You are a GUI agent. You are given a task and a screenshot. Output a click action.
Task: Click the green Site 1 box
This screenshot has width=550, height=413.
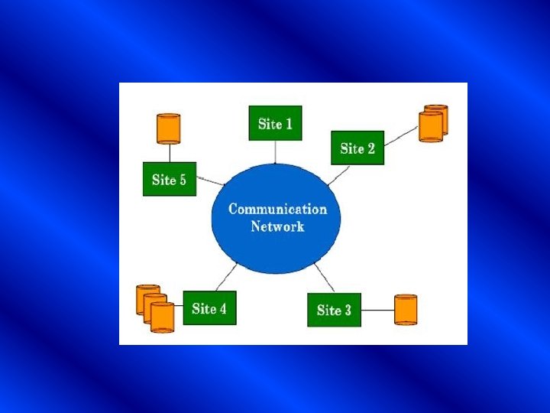pyautogui.click(x=275, y=123)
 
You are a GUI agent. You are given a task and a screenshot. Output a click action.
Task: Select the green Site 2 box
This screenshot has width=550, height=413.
pyautogui.click(x=357, y=148)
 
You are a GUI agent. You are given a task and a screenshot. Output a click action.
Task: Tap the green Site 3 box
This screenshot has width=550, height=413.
pyautogui.click(x=334, y=310)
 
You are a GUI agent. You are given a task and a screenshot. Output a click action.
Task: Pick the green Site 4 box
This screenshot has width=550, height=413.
pyautogui.click(x=209, y=308)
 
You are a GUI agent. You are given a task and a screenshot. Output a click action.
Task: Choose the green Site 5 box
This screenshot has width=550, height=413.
pyautogui.click(x=169, y=180)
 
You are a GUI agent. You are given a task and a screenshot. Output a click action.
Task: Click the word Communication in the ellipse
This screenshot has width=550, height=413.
pyautogui.click(x=277, y=209)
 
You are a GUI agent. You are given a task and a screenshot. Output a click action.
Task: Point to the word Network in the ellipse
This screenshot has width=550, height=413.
pyautogui.click(x=277, y=226)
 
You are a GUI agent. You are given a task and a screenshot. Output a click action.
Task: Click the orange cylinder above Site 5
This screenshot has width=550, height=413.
pyautogui.click(x=168, y=128)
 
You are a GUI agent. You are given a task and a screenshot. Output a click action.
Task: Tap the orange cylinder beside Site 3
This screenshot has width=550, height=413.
pyautogui.click(x=406, y=310)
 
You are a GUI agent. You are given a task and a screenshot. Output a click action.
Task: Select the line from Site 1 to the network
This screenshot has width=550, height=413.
pyautogui.click(x=275, y=151)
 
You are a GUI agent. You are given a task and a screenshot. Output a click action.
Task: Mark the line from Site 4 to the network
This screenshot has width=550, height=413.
pyautogui.click(x=228, y=276)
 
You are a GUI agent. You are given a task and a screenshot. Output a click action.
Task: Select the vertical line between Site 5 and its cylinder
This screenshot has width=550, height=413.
pyautogui.click(x=168, y=153)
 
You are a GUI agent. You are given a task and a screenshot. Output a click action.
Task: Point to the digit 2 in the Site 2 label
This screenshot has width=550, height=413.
pyautogui.click(x=370, y=148)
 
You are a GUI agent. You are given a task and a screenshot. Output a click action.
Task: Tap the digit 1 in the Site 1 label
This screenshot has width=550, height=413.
pyautogui.click(x=289, y=123)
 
